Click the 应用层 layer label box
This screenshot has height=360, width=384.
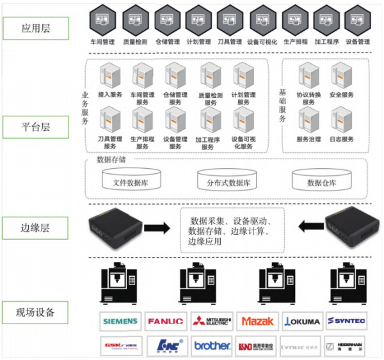tap(36, 28)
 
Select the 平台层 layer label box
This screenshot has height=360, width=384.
tap(36, 127)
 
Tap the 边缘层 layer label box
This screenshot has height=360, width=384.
tap(36, 226)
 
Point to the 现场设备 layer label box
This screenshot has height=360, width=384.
tap(36, 313)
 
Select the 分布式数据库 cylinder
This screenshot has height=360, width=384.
tap(228, 181)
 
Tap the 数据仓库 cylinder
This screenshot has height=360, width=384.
tap(322, 181)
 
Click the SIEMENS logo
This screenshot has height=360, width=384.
tap(120, 321)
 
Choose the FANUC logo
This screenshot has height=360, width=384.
tap(165, 321)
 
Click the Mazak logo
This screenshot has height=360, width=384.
tap(257, 321)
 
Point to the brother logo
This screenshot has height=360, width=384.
tap(211, 346)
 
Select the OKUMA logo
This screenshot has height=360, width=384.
tap(302, 321)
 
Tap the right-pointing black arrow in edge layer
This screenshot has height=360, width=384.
tap(157, 227)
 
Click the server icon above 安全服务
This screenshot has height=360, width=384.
tap(342, 75)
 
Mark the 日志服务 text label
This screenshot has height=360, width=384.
tap(342, 139)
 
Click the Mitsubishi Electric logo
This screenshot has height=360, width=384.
tap(211, 321)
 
